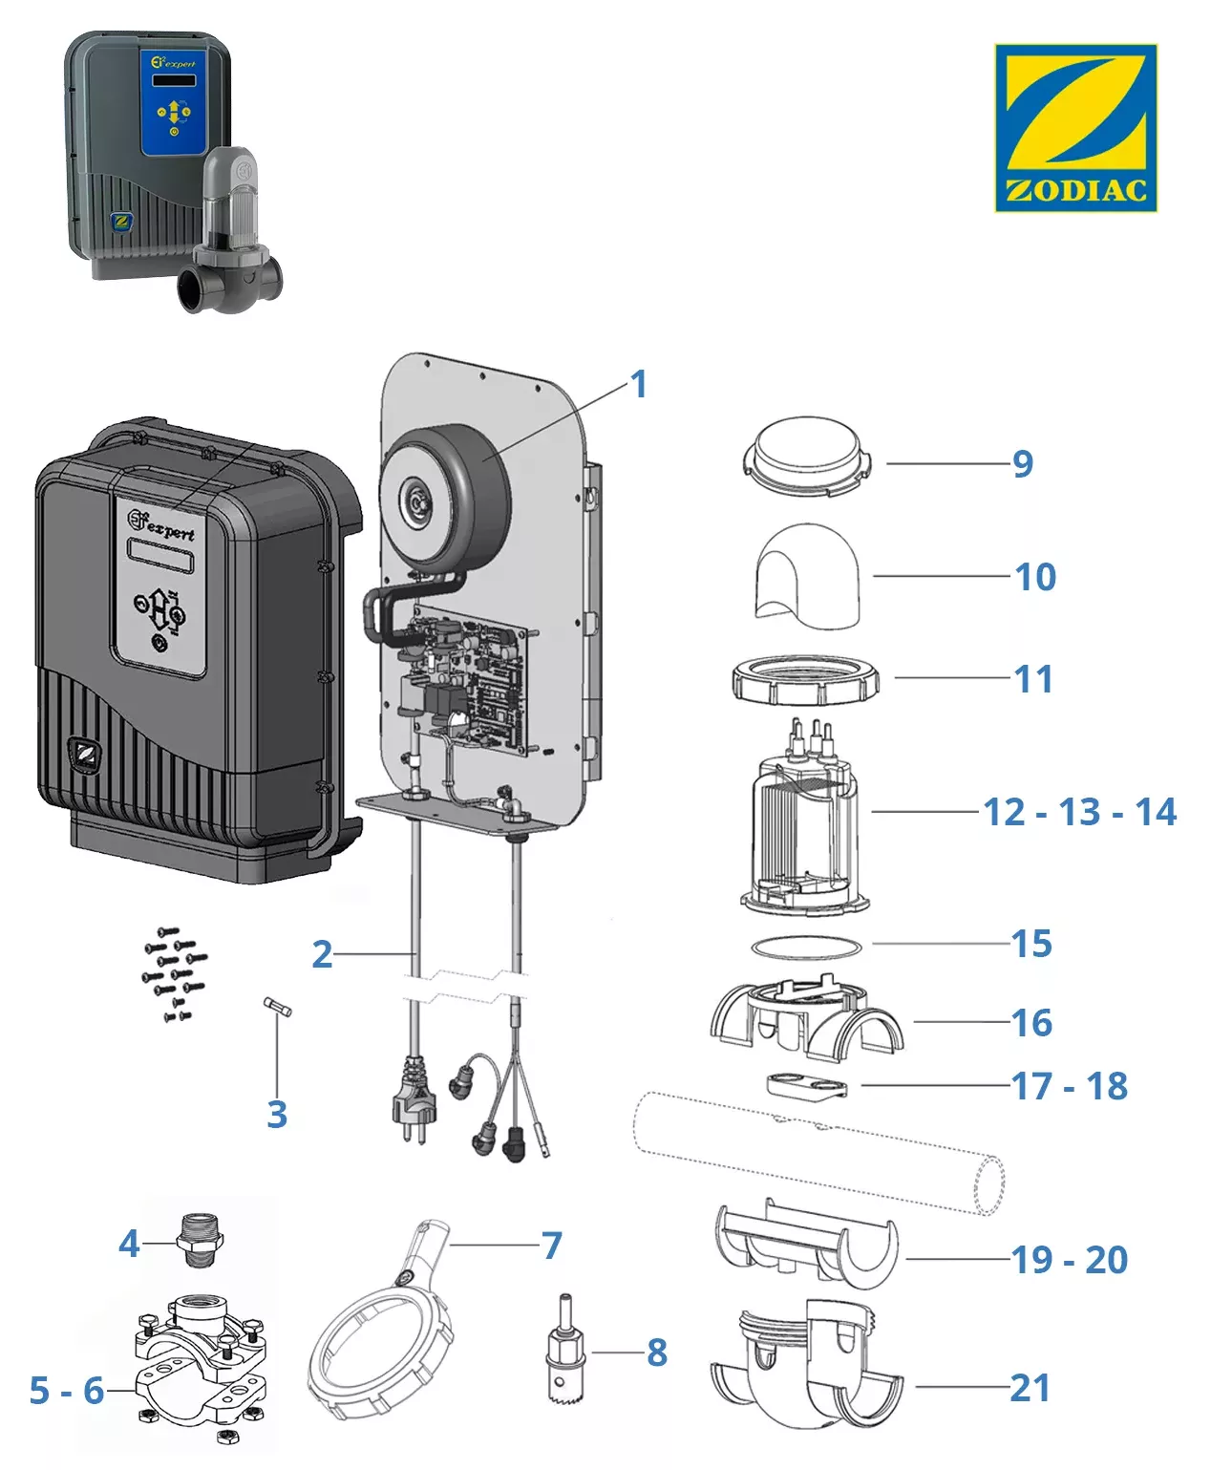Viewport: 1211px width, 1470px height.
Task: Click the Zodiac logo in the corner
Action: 1075,127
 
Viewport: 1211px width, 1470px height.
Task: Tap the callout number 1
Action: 639,385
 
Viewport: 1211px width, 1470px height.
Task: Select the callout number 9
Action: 1023,463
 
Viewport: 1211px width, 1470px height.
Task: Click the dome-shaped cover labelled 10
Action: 808,577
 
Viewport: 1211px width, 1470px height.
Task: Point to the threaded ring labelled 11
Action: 805,681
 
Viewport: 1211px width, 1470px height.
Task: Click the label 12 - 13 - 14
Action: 1079,812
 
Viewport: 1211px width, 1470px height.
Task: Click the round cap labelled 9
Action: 807,458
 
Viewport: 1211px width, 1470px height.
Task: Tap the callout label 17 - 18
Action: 1070,1086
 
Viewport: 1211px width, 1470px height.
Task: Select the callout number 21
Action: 1030,1388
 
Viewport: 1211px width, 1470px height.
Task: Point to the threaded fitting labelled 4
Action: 200,1240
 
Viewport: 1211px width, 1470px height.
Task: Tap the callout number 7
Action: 552,1245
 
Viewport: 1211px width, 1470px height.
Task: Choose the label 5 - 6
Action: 66,1391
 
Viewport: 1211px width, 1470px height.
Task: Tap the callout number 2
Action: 323,954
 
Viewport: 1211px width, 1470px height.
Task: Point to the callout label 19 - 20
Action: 1070,1260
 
